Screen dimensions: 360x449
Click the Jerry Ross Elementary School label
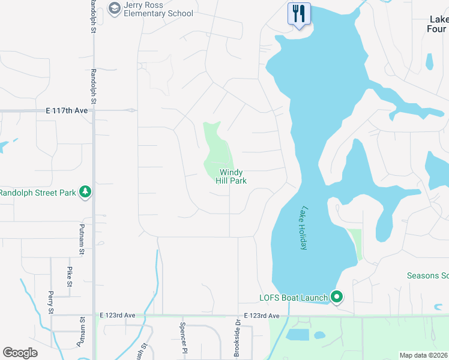pyautogui.click(x=158, y=9)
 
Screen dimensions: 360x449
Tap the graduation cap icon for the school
pyautogui.click(x=114, y=8)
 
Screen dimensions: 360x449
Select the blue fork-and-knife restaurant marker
pyautogui.click(x=299, y=13)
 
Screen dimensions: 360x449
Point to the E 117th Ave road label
pyautogui.click(x=67, y=110)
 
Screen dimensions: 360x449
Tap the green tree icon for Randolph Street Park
pyautogui.click(x=86, y=192)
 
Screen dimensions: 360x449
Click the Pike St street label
pyautogui.click(x=70, y=276)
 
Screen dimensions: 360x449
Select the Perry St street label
pyautogui.click(x=50, y=303)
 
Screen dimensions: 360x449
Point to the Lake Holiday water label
pyautogui.click(x=305, y=228)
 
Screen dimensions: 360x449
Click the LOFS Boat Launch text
pyautogui.click(x=293, y=298)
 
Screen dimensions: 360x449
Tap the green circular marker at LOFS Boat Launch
pyautogui.click(x=337, y=296)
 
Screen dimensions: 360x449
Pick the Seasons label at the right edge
pyautogui.click(x=427, y=275)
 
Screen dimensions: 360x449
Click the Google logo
pyautogui.click(x=20, y=353)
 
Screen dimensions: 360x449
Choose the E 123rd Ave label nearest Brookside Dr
pyautogui.click(x=262, y=316)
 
